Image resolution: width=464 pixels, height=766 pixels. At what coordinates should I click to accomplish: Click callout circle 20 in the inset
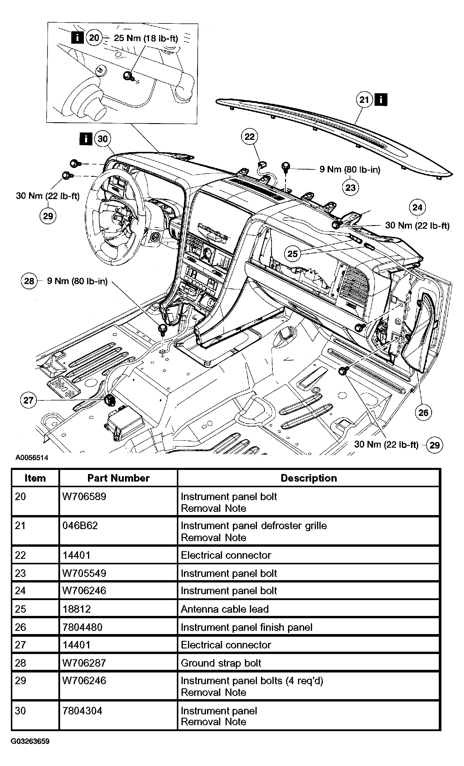tap(94, 38)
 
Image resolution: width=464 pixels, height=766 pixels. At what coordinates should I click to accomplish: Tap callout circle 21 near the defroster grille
tap(364, 100)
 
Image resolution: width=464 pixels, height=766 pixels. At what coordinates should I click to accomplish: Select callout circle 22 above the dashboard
tap(249, 137)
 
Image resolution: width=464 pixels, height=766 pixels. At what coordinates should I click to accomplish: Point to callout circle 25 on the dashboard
tap(292, 254)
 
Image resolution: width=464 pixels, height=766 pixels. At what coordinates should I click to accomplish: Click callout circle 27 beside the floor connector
tap(28, 400)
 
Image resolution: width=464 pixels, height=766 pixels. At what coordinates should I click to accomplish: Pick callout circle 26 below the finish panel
tap(423, 412)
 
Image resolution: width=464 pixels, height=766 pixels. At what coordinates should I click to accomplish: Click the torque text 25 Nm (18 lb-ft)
tap(146, 38)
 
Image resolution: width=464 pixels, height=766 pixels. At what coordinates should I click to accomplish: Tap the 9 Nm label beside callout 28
tap(77, 281)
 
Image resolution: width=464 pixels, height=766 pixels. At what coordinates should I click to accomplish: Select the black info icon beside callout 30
tap(86, 139)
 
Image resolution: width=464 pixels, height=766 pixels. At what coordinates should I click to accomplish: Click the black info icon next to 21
tap(381, 100)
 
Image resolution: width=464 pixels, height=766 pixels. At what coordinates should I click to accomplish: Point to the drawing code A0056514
tap(32, 458)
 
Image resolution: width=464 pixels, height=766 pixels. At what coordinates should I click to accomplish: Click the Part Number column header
tap(118, 478)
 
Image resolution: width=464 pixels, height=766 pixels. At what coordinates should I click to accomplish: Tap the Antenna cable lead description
tap(225, 609)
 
